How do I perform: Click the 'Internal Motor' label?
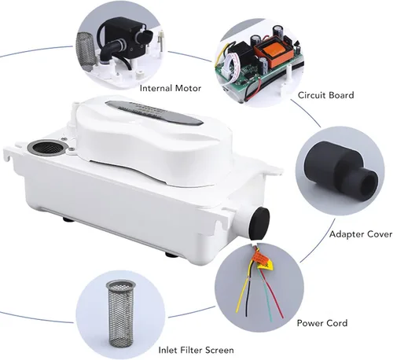(x=171, y=88)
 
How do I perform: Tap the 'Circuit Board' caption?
(x=325, y=95)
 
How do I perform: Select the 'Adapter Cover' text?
(x=361, y=234)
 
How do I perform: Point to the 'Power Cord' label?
(x=322, y=323)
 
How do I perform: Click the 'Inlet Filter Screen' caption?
(x=196, y=350)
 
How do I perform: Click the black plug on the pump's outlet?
(x=259, y=222)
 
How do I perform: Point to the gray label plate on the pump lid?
(x=154, y=113)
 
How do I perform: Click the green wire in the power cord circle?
(x=266, y=296)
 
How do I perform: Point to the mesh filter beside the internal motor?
(x=85, y=52)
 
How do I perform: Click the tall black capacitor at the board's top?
(x=277, y=32)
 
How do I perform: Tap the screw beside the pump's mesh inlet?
(x=71, y=150)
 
